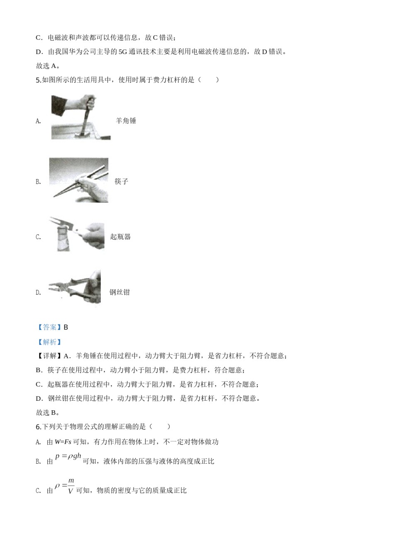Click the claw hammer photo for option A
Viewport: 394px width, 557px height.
(81, 117)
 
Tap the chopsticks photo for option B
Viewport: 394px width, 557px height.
(79, 180)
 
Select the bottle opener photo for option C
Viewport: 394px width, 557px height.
(77, 234)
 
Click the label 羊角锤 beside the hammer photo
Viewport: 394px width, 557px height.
(126, 121)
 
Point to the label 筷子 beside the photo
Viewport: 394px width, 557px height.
(122, 182)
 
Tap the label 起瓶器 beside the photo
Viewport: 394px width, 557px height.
(120, 237)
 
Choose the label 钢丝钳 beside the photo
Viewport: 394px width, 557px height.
(119, 292)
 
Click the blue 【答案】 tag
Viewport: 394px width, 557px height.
(49, 327)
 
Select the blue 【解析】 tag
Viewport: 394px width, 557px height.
(49, 342)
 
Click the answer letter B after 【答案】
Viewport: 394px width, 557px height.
(66, 327)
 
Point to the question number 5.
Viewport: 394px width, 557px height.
(38, 80)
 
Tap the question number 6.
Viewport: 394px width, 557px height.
(38, 426)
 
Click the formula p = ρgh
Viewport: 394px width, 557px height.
(68, 456)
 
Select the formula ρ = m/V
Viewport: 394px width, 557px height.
(65, 486)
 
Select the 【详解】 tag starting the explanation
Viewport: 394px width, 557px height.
(49, 356)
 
